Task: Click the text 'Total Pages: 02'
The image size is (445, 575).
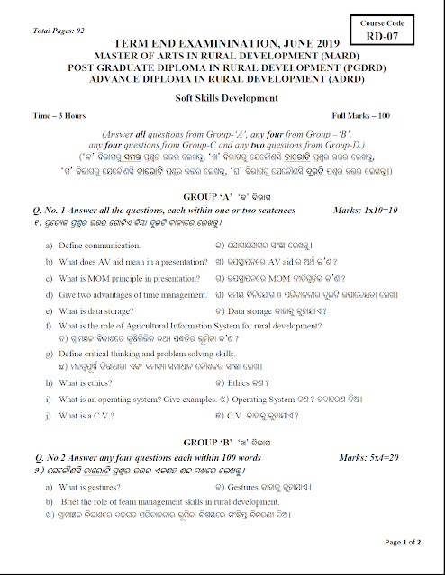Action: pyautogui.click(x=59, y=31)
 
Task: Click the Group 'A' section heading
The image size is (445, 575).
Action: pyautogui.click(x=222, y=196)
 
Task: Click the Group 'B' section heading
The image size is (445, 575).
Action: pyautogui.click(x=222, y=443)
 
